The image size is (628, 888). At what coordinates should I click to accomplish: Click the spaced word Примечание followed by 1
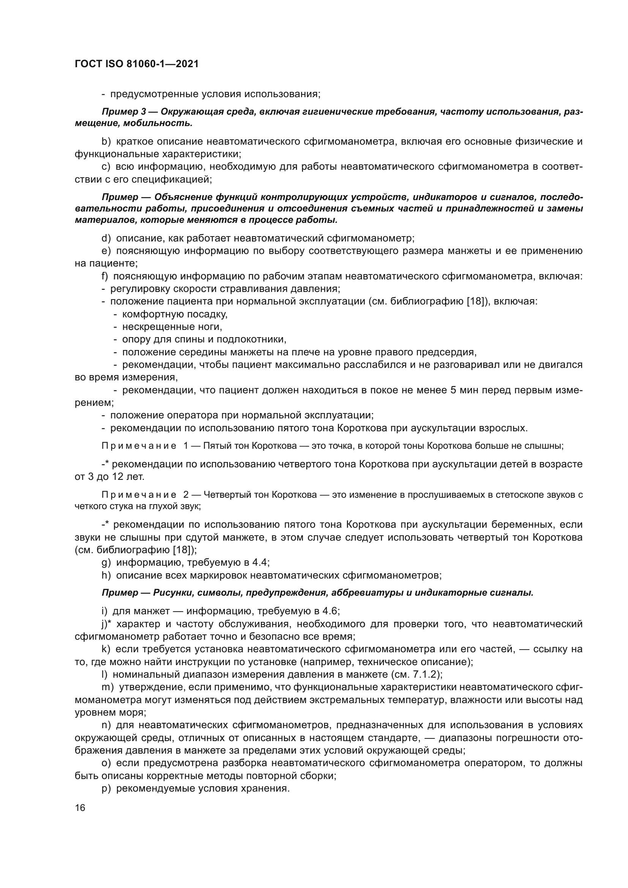coord(139,446)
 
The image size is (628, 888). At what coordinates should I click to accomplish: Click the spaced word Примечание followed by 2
coord(139,495)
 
